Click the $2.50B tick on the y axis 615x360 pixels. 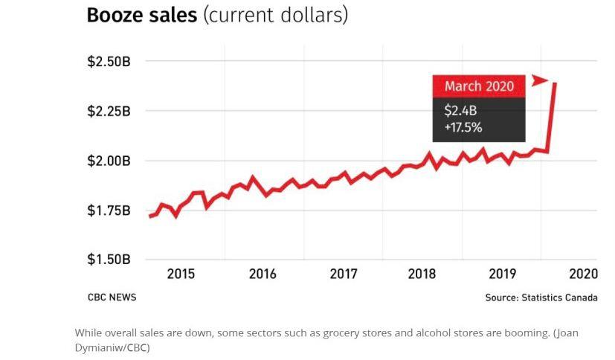(109, 61)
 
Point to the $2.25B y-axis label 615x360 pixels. (109, 111)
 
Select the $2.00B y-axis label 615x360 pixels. (109, 161)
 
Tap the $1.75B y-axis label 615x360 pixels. (109, 210)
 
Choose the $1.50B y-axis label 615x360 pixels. (109, 260)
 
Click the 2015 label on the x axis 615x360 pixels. (181, 274)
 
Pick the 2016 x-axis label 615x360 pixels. (263, 274)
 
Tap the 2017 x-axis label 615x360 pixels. (344, 274)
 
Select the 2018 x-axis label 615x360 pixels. (422, 274)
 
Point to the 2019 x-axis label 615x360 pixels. (503, 274)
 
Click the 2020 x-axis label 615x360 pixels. (583, 274)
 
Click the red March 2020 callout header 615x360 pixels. (479, 86)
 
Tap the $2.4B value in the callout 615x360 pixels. (460, 111)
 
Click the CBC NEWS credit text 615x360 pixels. (112, 298)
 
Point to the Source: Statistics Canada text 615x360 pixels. (541, 298)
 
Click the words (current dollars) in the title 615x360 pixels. (276, 16)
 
